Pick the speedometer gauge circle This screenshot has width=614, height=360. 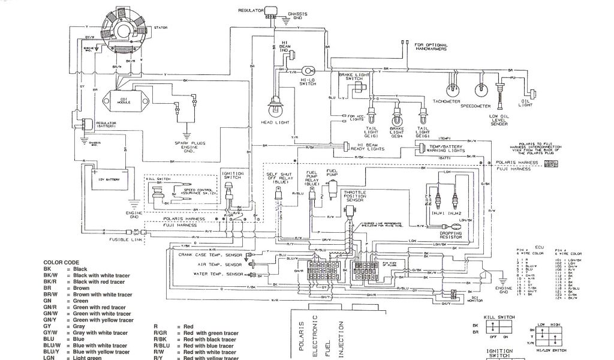click(x=479, y=89)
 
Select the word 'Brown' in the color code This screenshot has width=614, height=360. click(x=82, y=289)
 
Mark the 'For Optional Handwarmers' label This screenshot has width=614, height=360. click(x=435, y=46)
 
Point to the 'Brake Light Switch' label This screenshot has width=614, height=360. click(x=351, y=76)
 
